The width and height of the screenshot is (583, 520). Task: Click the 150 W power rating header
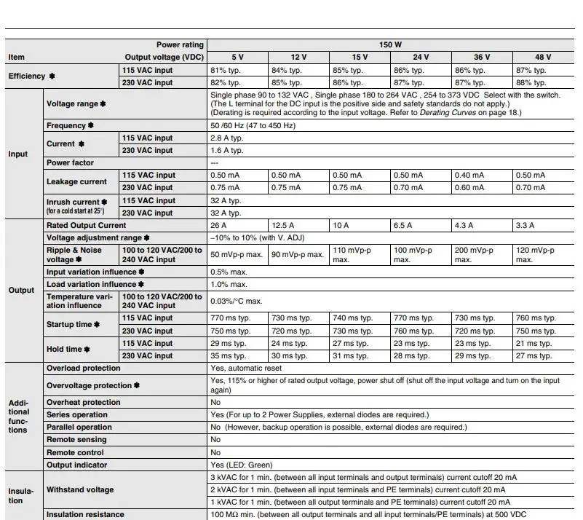coord(390,44)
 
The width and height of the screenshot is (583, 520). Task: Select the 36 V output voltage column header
coord(482,57)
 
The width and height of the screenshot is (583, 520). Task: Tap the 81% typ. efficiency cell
coord(225,71)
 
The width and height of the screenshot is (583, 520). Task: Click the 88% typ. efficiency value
coord(531,83)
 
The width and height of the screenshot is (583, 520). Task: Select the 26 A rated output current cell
coord(219,226)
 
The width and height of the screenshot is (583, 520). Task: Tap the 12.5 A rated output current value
coord(284,226)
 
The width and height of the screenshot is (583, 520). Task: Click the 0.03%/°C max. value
coord(237,301)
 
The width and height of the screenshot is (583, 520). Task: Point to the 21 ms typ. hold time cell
coord(534,343)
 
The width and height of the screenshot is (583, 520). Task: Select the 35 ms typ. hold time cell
coord(229,356)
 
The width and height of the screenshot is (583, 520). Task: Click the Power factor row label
coord(70,162)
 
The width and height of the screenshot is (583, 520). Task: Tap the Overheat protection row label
coord(84,402)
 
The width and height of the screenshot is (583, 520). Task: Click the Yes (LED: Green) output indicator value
coord(241,465)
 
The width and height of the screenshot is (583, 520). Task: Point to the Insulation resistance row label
coord(85,515)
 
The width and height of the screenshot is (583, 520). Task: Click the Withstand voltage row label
coord(80,489)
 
